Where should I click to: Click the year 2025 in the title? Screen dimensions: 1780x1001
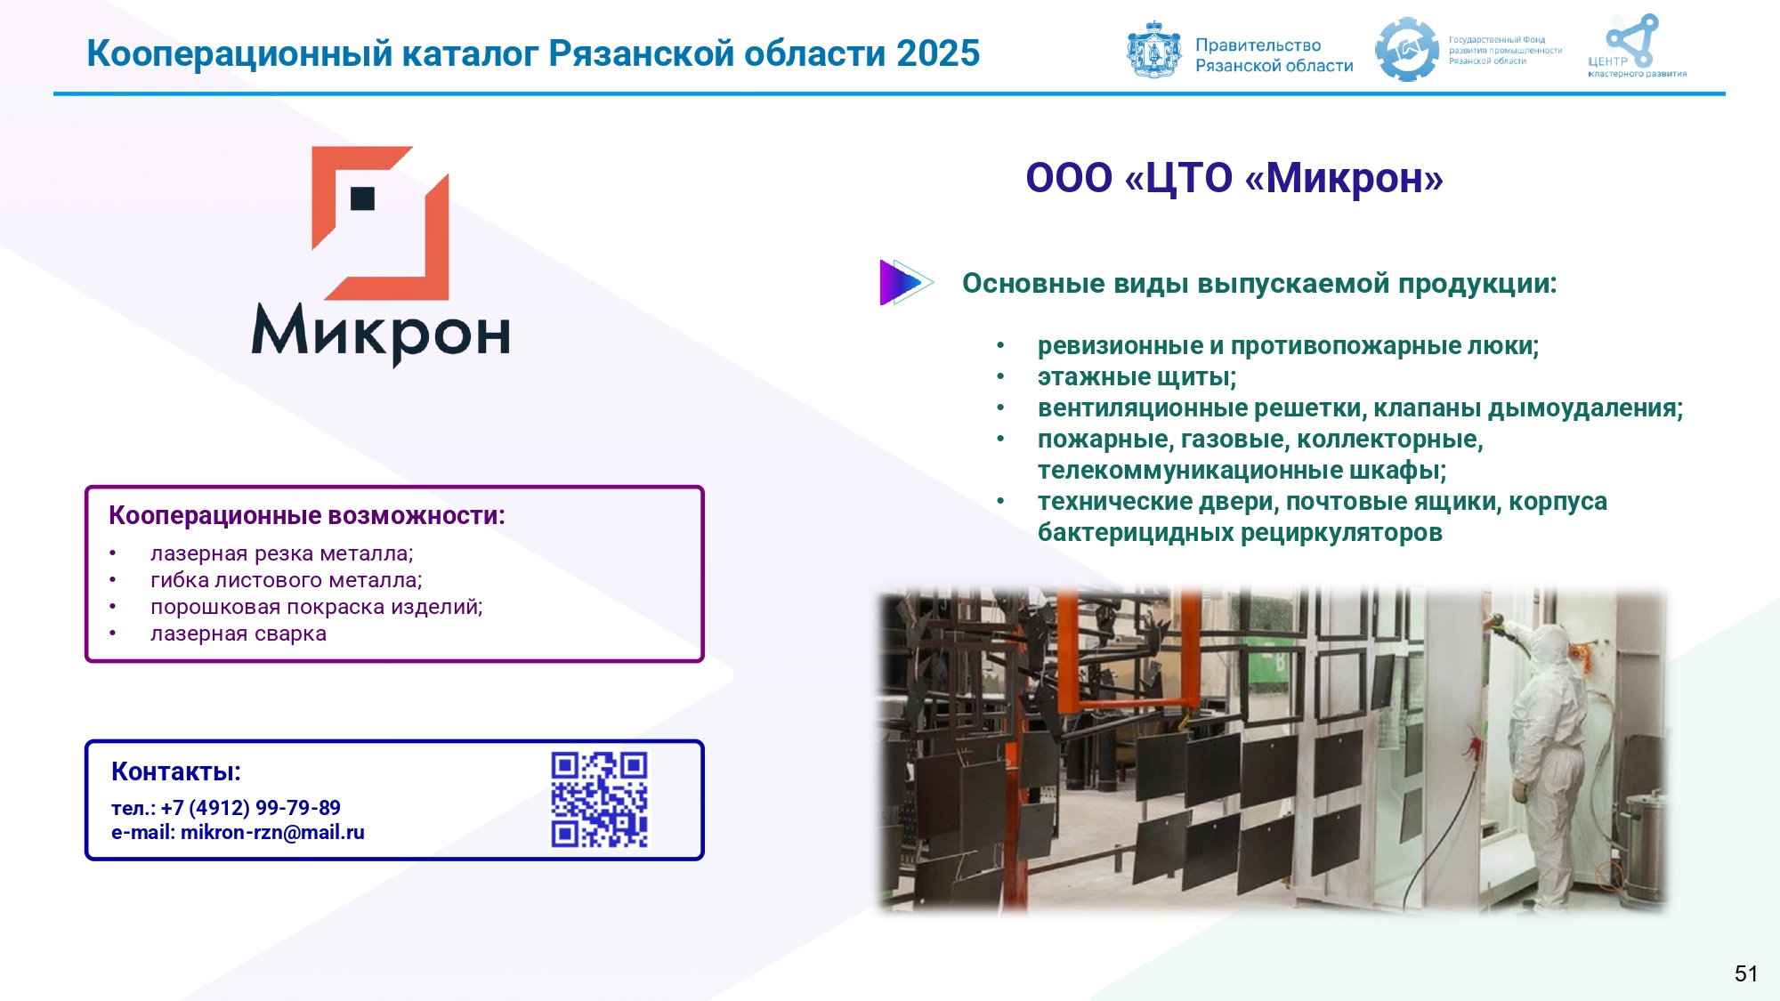point(938,53)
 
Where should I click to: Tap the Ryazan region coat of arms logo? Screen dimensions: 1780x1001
point(1154,50)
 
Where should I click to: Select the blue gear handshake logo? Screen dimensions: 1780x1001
point(1407,50)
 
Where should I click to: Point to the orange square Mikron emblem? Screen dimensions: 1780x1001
point(381,223)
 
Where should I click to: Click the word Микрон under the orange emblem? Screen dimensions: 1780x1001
point(381,334)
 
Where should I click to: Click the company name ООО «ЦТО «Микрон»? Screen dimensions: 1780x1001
point(1234,178)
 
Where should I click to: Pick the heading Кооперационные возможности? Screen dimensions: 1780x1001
point(307,516)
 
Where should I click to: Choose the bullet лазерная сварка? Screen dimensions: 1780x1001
point(239,634)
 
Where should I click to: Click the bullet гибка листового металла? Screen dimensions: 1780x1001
point(286,580)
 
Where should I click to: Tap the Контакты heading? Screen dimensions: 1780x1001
point(176,771)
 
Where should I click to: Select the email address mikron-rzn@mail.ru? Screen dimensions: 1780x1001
point(272,833)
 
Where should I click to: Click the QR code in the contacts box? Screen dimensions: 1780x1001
point(600,799)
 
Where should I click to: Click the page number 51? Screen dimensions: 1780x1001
point(1746,973)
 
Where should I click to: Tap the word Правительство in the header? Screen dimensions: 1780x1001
point(1258,45)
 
